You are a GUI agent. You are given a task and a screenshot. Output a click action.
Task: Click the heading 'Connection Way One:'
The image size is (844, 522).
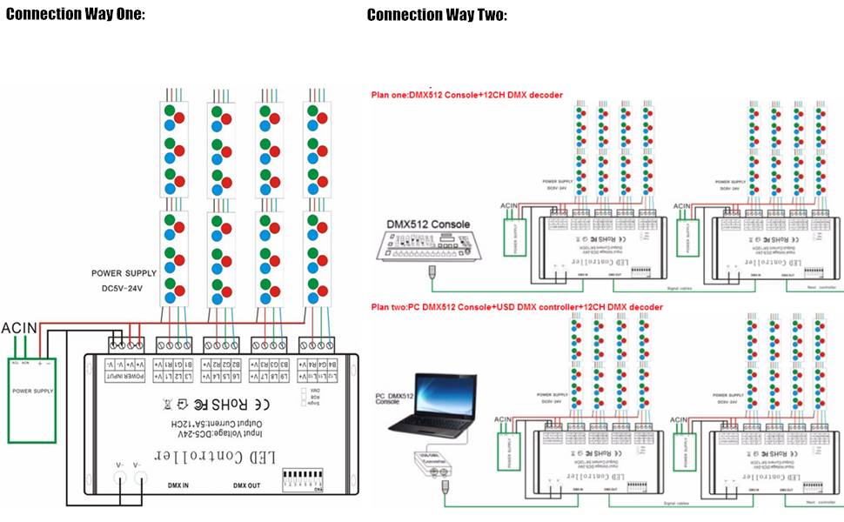click(75, 14)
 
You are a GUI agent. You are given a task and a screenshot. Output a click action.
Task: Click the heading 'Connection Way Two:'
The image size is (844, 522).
click(436, 15)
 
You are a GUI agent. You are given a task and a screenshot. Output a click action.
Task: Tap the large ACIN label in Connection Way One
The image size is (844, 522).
click(20, 328)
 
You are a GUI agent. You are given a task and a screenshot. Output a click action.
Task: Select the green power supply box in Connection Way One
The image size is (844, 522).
click(33, 391)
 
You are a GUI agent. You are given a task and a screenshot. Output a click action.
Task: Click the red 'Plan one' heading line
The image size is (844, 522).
click(466, 95)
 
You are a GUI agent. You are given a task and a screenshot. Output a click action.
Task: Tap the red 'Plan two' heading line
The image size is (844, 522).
click(517, 307)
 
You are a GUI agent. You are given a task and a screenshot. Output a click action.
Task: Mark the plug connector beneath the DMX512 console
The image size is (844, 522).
click(431, 273)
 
